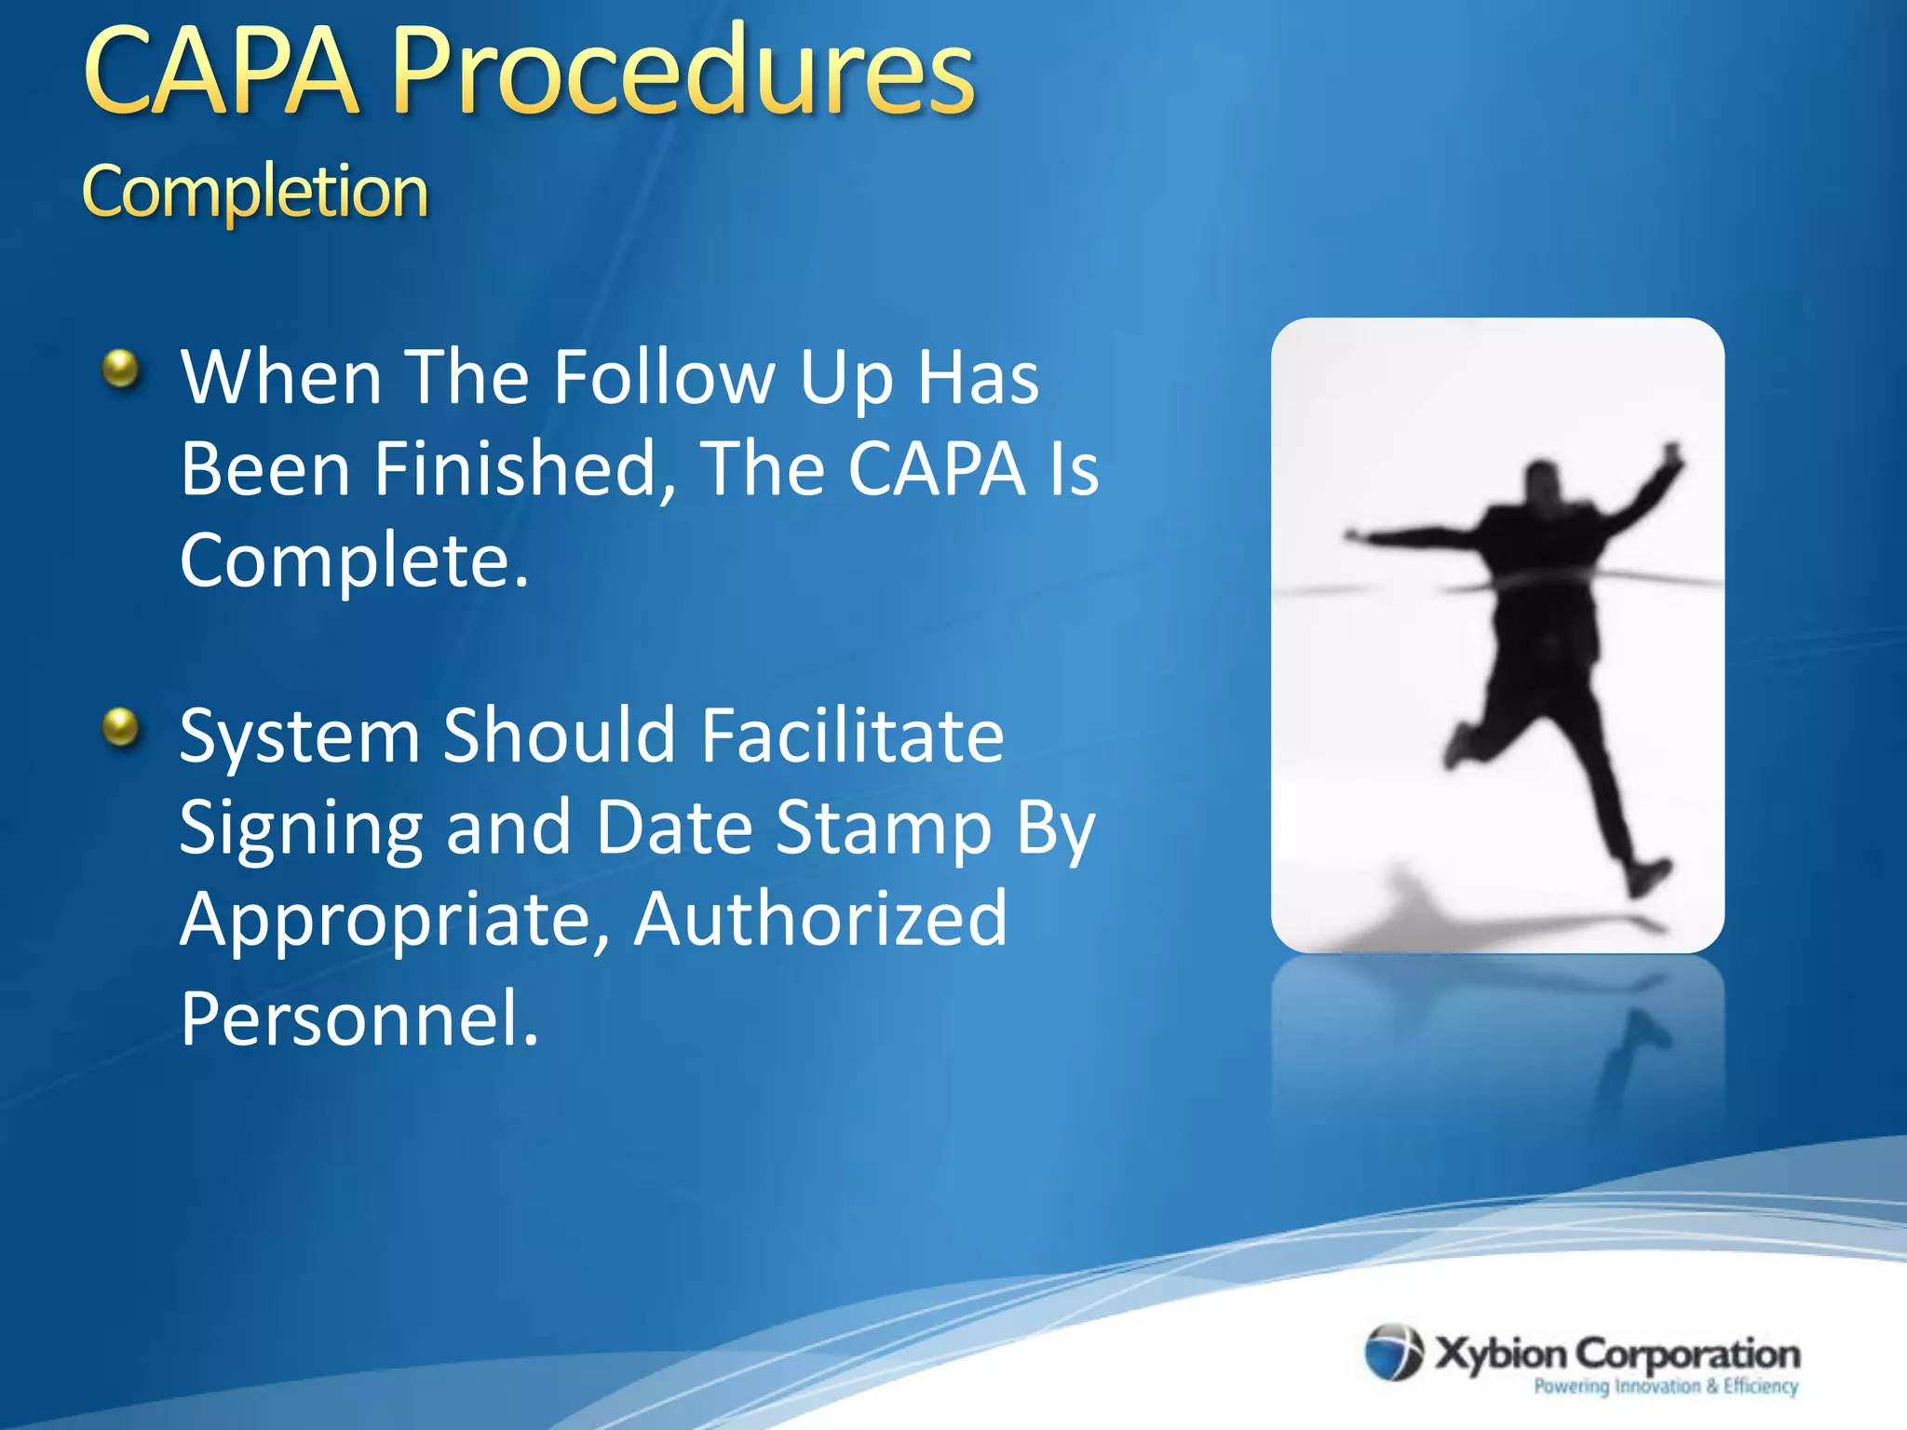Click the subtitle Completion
click(255, 192)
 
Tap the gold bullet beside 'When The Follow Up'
click(121, 369)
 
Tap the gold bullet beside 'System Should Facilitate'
click(121, 726)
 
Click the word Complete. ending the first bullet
click(354, 561)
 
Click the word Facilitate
click(852, 735)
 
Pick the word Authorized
click(820, 919)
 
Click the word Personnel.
click(359, 1019)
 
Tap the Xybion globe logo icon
click(1394, 1352)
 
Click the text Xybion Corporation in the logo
click(1616, 1353)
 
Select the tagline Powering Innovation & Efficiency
click(1665, 1386)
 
